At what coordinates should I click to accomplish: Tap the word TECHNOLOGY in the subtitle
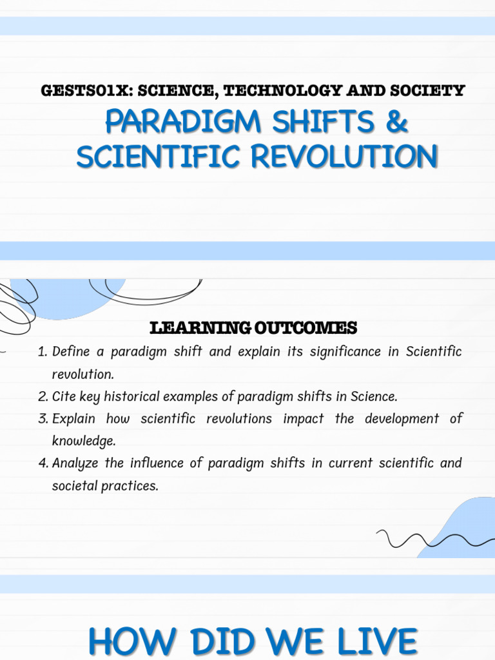coord(278,91)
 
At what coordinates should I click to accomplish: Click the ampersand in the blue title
coord(396,122)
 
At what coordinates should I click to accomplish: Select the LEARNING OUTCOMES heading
coord(253,329)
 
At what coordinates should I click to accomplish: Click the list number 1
coord(43,352)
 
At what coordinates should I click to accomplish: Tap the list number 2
coord(43,396)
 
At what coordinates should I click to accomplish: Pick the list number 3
coord(43,419)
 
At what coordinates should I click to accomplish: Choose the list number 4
coord(43,463)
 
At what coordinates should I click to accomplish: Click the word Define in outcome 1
coord(68,352)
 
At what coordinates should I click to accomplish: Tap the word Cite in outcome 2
coord(63,396)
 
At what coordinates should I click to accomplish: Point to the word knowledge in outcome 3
coord(83,442)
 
